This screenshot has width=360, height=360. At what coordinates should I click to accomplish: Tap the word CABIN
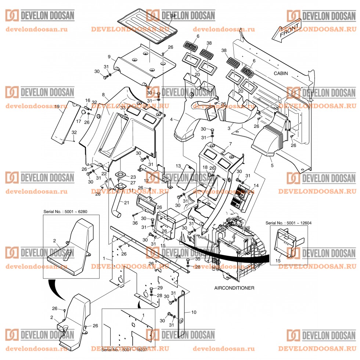click(281, 73)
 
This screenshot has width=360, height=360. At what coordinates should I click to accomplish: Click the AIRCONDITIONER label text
click(234, 288)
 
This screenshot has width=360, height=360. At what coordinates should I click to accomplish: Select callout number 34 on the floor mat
click(173, 16)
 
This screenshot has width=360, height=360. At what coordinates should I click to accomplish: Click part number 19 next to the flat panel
click(57, 107)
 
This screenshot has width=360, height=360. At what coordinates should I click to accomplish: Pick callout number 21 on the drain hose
click(126, 203)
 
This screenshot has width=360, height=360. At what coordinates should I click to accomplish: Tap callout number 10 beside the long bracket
click(194, 312)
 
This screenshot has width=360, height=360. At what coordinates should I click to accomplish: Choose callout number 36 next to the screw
click(135, 223)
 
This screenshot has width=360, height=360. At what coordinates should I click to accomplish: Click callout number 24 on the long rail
click(178, 256)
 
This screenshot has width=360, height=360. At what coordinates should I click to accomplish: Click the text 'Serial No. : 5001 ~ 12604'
click(287, 223)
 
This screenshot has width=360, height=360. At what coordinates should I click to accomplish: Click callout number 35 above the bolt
click(198, 259)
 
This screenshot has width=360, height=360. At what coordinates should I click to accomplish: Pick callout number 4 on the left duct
click(171, 120)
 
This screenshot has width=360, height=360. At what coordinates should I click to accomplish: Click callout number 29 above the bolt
click(159, 287)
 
